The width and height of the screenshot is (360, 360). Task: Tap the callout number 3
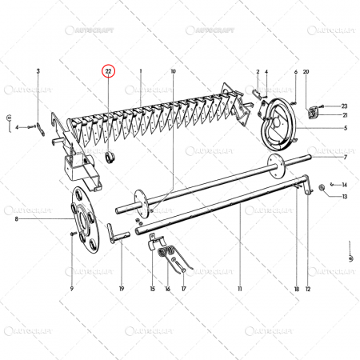pos(38,72)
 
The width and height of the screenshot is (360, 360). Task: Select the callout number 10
pos(172,72)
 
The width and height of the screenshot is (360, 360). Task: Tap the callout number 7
pos(345,157)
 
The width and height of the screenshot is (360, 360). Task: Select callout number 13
pos(345,196)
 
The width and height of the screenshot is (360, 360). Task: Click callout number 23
pos(345,106)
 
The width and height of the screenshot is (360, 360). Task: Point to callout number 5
pos(345,128)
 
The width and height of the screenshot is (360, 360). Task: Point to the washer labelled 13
pos(322,189)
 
